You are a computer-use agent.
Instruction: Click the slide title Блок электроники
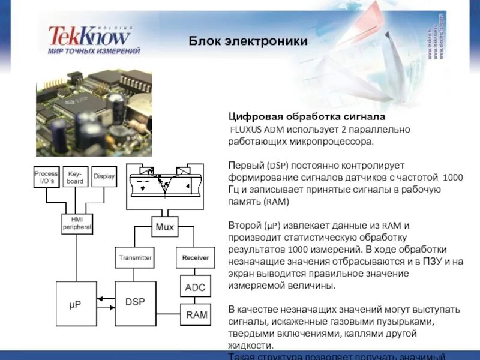click(x=248, y=41)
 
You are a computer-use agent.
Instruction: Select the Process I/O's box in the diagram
click(x=46, y=176)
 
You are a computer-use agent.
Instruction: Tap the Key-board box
click(x=76, y=176)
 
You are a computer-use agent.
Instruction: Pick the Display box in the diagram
click(x=104, y=176)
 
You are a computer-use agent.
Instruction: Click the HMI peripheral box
click(x=76, y=224)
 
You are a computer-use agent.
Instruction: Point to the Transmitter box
click(x=135, y=257)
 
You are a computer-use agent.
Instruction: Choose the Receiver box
click(x=195, y=257)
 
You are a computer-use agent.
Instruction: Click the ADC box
click(x=195, y=287)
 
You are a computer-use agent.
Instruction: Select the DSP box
click(x=135, y=302)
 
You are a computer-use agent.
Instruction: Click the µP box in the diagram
click(x=76, y=304)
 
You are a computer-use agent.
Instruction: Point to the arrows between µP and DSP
click(x=106, y=302)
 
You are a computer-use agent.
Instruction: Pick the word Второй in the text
click(x=245, y=226)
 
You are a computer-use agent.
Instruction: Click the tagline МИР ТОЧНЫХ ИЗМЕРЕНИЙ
click(x=94, y=52)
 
